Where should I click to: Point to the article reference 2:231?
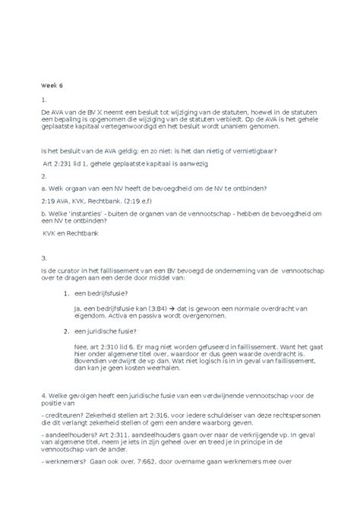click(x=64, y=163)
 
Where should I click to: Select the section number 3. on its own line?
click(x=45, y=257)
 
